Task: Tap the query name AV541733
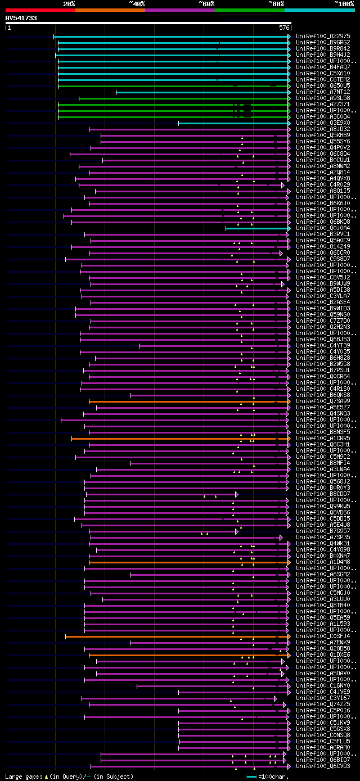coord(21,18)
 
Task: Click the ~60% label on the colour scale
coord(207,4)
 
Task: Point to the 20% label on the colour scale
coord(69,4)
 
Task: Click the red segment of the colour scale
coord(40,10)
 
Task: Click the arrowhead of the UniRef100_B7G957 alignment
coord(237,531)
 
